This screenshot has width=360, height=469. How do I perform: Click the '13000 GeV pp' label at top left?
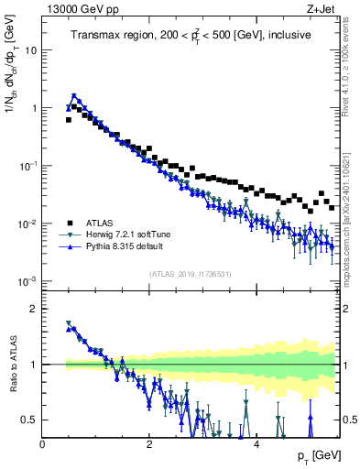[x=76, y=8]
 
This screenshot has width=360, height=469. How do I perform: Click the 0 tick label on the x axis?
[x=43, y=444]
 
